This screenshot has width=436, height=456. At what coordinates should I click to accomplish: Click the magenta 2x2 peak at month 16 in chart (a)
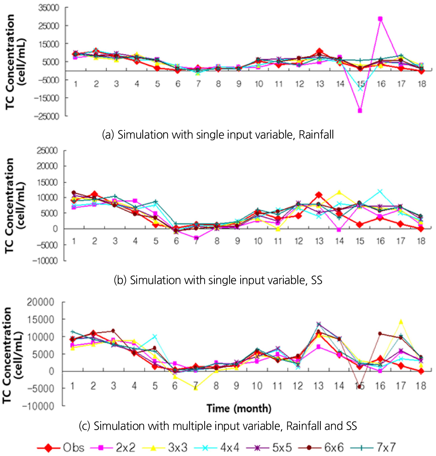tap(380, 19)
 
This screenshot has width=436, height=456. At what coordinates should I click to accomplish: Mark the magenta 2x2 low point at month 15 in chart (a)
tap(360, 110)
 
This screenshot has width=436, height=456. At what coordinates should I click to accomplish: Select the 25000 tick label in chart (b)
tap(47, 151)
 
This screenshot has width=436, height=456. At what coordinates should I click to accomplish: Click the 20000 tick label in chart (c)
tap(41, 302)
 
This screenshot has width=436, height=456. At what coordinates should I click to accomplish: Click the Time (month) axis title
tap(239, 409)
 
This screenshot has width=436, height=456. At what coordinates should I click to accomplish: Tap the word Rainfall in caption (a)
tap(316, 135)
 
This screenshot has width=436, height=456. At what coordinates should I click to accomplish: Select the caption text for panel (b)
tap(218, 280)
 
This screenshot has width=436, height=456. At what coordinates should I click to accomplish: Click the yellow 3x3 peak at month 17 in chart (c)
tap(401, 322)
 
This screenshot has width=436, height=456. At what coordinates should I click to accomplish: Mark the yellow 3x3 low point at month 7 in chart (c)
tap(195, 388)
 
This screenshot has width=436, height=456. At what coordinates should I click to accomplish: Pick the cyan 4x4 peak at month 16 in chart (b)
tap(380, 191)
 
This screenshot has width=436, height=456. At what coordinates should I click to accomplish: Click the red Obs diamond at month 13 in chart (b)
tap(319, 195)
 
